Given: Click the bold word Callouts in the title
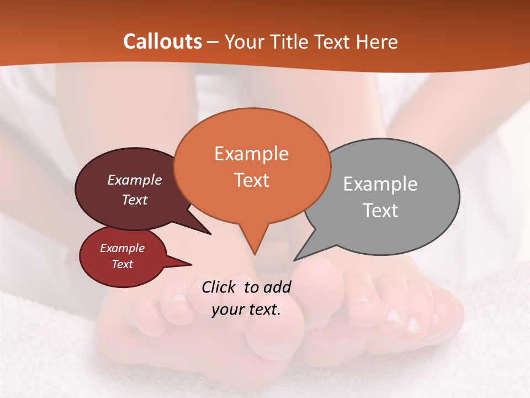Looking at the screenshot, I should pos(162,41).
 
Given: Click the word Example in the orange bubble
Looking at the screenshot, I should pos(251,154).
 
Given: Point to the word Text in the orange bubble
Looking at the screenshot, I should pos(251,180).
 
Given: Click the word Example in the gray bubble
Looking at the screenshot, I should pos(380,184).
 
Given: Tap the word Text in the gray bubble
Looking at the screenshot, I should pos(380,211).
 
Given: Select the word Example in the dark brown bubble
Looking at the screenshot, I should pos(135,180).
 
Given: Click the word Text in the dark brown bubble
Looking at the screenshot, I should pos(135,200).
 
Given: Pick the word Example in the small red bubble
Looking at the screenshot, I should pos(122,248).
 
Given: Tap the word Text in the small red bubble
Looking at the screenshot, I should pos(122,264).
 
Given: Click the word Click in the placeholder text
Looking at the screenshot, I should pos(220,287).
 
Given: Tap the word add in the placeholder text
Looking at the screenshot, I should pos(277,287).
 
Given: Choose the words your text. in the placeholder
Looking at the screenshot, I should pos(246,310).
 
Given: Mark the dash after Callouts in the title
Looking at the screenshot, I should pos(214,41).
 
